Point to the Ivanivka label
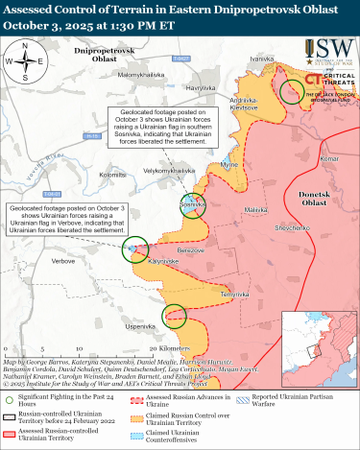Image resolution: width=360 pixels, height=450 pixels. point(262,59)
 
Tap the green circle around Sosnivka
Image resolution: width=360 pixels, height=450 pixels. point(191,204)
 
